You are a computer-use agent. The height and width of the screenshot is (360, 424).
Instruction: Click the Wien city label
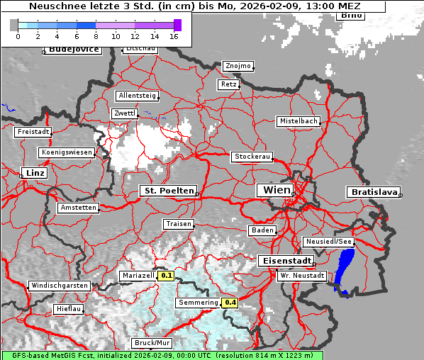[x=276, y=190]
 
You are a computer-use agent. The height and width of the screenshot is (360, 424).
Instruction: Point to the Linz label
[x=33, y=173]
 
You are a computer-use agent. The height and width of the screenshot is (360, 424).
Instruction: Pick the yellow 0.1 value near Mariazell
[x=166, y=275]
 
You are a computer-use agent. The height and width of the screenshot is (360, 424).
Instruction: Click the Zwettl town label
[x=125, y=113]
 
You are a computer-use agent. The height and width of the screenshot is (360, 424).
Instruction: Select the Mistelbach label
[x=298, y=121]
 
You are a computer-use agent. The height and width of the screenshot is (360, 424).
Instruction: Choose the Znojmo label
[x=238, y=66]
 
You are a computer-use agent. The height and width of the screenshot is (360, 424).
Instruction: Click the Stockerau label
[x=252, y=157]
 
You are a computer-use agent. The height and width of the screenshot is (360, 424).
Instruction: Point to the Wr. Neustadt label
[x=302, y=275]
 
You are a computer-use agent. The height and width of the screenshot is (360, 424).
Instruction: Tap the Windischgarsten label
[x=59, y=286]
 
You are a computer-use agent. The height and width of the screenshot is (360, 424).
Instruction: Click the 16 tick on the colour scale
[x=174, y=36]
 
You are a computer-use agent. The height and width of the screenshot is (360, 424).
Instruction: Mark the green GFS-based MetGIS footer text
[x=162, y=355]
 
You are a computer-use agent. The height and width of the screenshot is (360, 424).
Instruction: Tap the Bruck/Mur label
[x=153, y=342]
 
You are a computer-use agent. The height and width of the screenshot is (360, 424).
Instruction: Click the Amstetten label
[x=79, y=208]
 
